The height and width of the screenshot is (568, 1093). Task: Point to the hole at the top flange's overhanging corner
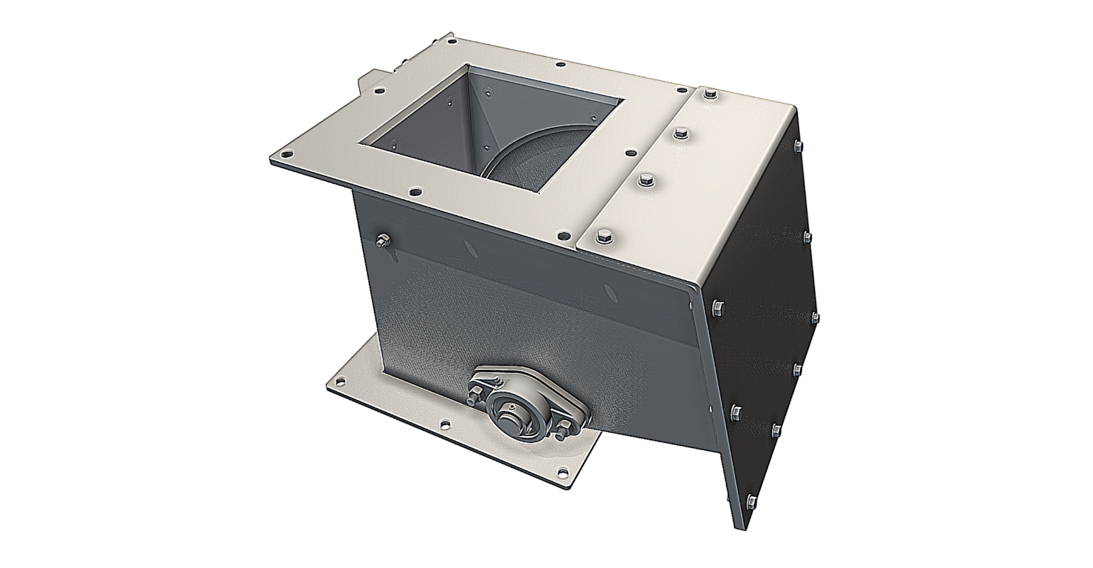285,153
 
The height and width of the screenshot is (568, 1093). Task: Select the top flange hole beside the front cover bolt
564,233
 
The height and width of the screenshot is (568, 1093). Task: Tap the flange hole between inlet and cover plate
629,151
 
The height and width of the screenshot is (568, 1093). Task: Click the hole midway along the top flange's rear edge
560,65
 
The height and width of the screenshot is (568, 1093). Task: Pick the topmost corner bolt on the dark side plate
797,148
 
